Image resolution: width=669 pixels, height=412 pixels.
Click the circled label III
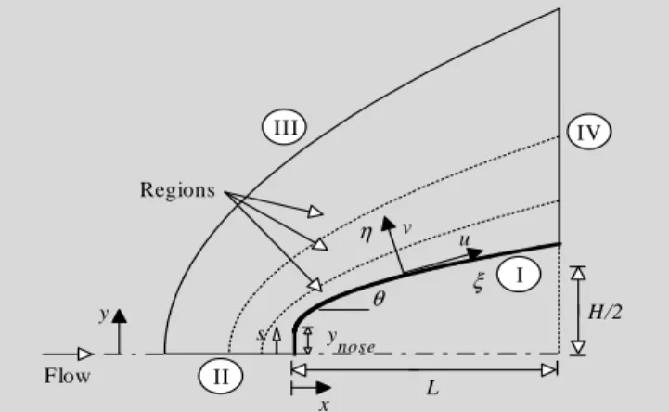[284, 127]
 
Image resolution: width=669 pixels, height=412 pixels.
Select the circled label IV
[589, 132]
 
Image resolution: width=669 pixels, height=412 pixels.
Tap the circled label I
[519, 275]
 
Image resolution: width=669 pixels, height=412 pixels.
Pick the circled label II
[221, 376]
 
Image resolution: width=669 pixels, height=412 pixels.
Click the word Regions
[177, 190]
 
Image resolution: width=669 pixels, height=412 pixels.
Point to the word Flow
[68, 376]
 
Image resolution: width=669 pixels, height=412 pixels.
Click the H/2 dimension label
[605, 312]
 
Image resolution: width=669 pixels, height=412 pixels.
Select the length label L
[432, 388]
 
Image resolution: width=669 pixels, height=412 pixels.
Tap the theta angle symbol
[379, 299]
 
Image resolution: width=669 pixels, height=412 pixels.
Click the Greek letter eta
[367, 233]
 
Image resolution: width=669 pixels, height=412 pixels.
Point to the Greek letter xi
[479, 282]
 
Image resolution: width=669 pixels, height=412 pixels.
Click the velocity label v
[407, 228]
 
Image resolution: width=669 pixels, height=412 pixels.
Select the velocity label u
[464, 240]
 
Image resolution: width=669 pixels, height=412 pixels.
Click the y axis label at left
[104, 315]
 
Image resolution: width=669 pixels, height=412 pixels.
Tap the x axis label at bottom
[324, 405]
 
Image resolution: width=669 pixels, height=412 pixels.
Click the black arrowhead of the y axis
[120, 315]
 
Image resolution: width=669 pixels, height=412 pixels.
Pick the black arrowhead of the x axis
[324, 388]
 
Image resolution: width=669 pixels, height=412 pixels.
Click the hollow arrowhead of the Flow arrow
[86, 354]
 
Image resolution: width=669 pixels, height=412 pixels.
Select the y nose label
[351, 342]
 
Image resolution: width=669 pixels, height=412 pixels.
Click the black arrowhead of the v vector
[388, 223]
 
